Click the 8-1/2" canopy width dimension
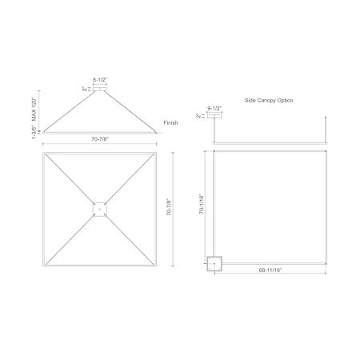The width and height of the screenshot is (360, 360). pyautogui.click(x=100, y=79)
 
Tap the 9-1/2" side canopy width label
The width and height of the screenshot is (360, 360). pyautogui.click(x=214, y=108)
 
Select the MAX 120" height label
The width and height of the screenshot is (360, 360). pyautogui.click(x=34, y=109)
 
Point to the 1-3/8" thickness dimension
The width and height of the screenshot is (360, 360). pyautogui.click(x=34, y=132)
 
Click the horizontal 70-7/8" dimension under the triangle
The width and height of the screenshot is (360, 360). pyautogui.click(x=100, y=139)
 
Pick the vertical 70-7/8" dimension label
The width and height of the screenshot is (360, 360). pyautogui.click(x=169, y=207)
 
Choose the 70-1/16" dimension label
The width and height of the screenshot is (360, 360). pyautogui.click(x=202, y=204)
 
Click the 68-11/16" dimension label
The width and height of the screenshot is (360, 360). pyautogui.click(x=270, y=270)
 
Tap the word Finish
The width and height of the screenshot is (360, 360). pyautogui.click(x=170, y=122)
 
